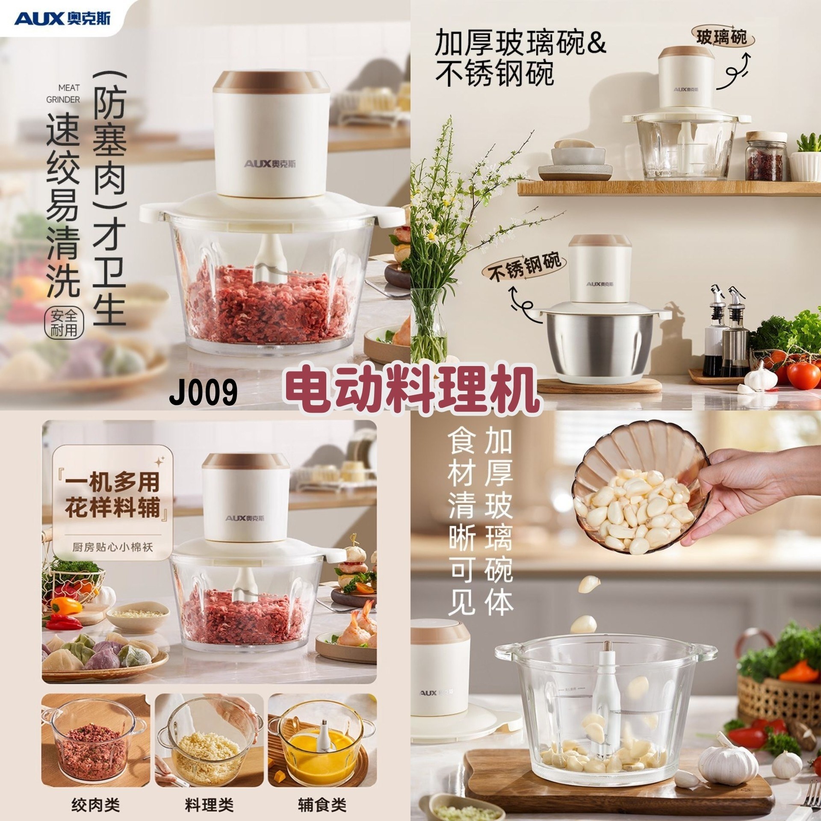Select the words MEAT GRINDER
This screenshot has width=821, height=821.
(63, 94)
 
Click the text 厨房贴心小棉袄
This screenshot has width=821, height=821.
(112, 547)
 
